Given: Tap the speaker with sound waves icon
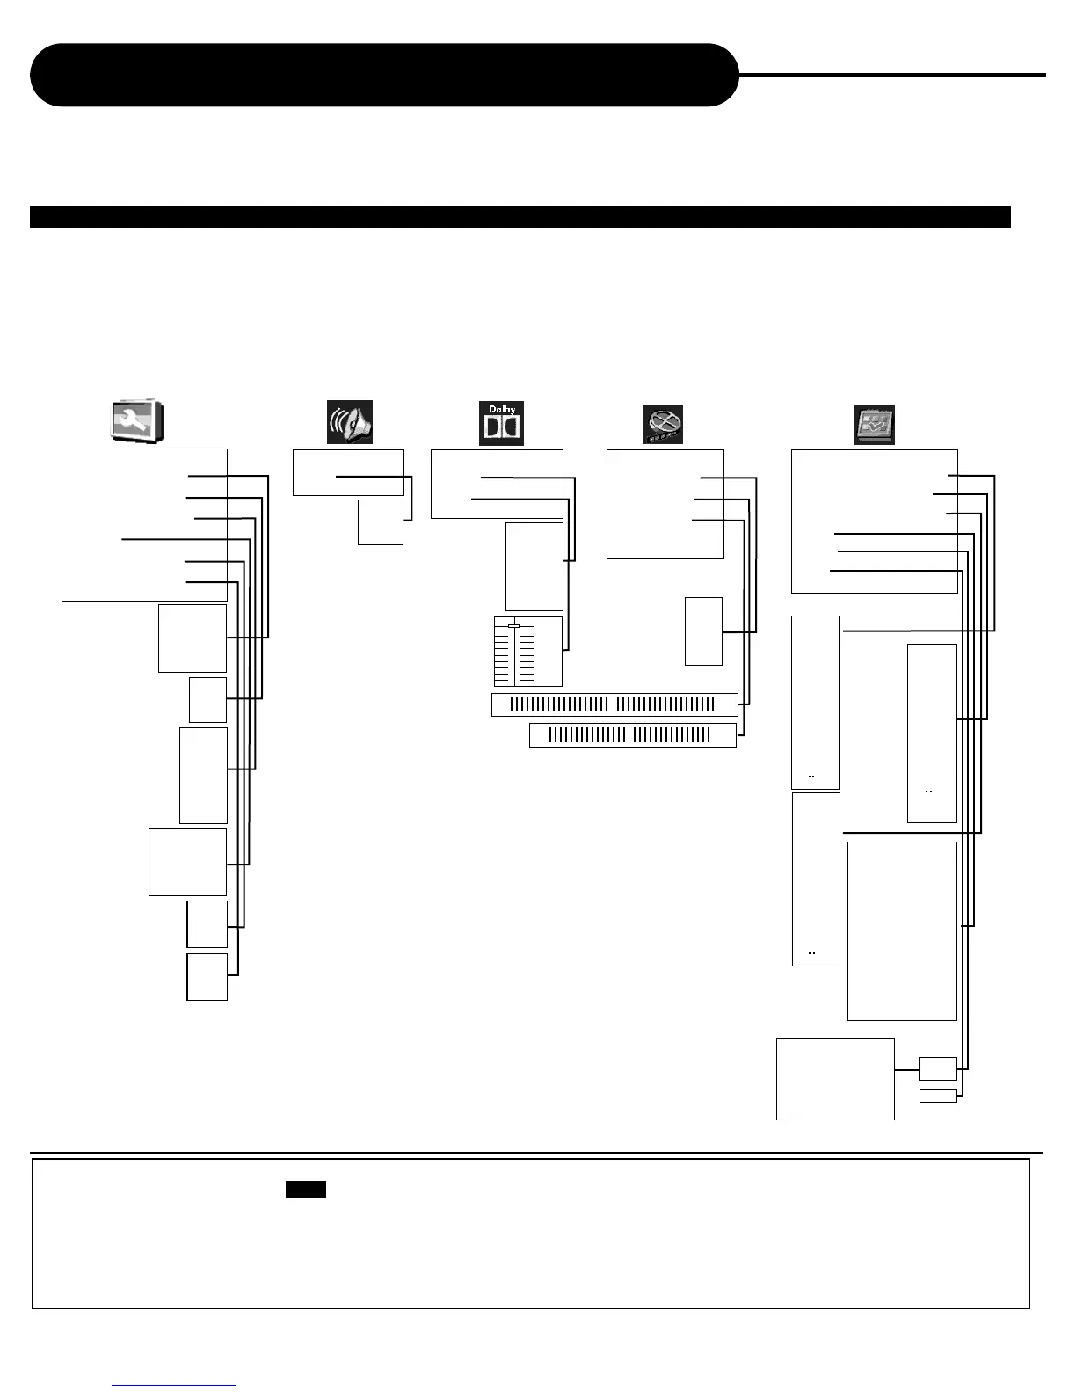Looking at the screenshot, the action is click(350, 422).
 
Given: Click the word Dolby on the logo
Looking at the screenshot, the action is click(501, 409).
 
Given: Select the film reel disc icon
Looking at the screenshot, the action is click(662, 425).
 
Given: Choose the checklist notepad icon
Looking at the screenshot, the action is click(874, 425).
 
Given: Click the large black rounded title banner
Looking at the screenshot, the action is click(384, 75).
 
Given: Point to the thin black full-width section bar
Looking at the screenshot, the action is click(520, 216).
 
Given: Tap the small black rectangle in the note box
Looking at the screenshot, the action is click(305, 1189).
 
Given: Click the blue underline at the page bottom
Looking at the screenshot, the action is click(174, 1385).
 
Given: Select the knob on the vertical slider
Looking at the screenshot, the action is click(514, 625).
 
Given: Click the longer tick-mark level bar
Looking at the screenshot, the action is click(614, 704).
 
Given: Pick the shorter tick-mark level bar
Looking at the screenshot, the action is click(632, 735).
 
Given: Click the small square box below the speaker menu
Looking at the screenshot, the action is click(380, 522).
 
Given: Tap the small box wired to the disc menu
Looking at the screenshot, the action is click(703, 631).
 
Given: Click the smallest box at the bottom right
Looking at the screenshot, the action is click(937, 1095).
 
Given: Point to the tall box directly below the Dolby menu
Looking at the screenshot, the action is click(534, 566).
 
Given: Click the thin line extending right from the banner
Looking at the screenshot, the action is click(891, 75).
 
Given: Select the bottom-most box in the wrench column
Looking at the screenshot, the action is click(207, 976).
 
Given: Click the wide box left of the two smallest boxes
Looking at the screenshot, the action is click(834, 1078).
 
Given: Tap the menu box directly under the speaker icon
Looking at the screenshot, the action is click(347, 472).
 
